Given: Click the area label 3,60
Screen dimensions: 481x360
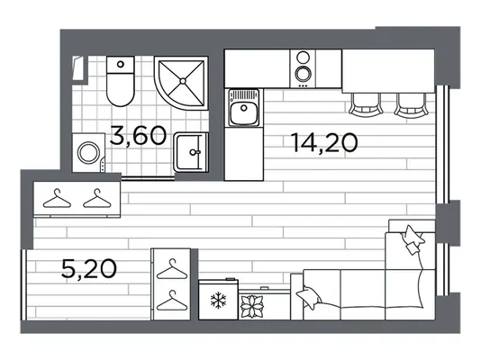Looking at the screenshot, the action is pyautogui.click(x=138, y=136).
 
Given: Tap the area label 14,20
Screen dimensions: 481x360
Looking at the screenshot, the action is pyautogui.click(x=325, y=143).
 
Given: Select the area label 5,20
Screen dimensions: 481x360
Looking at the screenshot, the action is pyautogui.click(x=89, y=268).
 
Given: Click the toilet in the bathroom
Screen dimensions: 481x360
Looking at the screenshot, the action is pyautogui.click(x=121, y=81).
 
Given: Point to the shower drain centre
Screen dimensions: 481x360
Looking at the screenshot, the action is pyautogui.click(x=183, y=81).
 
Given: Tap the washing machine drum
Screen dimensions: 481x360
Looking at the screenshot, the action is pyautogui.click(x=88, y=153).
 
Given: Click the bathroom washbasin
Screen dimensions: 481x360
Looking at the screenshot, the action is pyautogui.click(x=191, y=152).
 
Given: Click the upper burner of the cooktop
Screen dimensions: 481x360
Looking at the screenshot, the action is pyautogui.click(x=303, y=58).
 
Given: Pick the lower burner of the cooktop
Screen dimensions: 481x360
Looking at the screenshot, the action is pyautogui.click(x=303, y=74).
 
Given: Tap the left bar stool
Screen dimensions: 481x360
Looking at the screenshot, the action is pyautogui.click(x=366, y=104).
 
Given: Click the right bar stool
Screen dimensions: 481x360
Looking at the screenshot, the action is pyautogui.click(x=412, y=104).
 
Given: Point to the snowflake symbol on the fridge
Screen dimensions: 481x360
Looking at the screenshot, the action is pyautogui.click(x=218, y=301).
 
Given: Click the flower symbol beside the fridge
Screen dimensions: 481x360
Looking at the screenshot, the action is pyautogui.click(x=251, y=306).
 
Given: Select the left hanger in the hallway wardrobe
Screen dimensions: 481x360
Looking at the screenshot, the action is pyautogui.click(x=57, y=199).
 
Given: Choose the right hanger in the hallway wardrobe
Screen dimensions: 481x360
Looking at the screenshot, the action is pyautogui.click(x=97, y=199).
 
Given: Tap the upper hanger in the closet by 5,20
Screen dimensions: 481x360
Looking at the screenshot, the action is pyautogui.click(x=172, y=269).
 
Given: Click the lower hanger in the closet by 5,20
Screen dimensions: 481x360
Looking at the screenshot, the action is pyautogui.click(x=172, y=301).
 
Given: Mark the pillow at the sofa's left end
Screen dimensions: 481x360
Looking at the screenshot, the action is pyautogui.click(x=309, y=297).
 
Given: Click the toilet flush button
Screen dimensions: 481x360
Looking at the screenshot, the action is pyautogui.click(x=121, y=64).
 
